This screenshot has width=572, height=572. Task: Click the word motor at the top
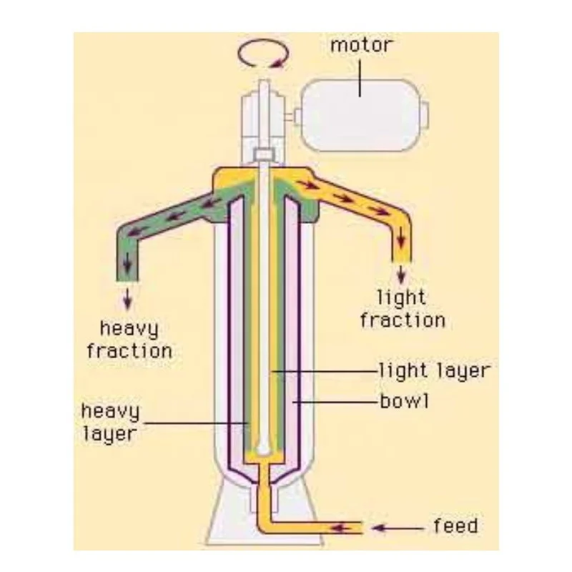coord(361,46)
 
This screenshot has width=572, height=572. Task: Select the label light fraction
coord(403,308)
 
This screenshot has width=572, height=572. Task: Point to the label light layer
coord(434,371)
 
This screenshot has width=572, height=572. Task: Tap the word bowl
coord(404,401)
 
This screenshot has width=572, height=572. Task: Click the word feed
coord(455,528)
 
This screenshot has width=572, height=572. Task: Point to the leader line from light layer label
coord(322,371)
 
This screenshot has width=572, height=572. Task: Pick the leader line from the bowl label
coord(336,401)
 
